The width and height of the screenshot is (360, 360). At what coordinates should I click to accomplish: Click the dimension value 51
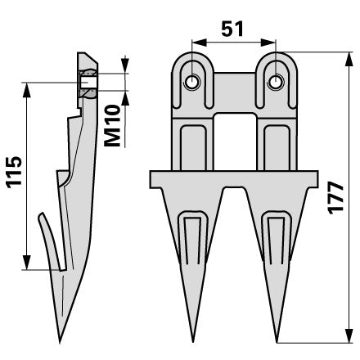pos(232,29)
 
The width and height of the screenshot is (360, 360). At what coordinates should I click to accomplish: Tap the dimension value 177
pos(335,198)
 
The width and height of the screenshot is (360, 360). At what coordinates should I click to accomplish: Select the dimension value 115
pos(14,173)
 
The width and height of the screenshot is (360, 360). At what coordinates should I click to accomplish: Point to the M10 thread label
pos(112,125)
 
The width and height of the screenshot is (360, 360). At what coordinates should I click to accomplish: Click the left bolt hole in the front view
pos(192,82)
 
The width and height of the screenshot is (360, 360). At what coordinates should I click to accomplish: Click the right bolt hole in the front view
pos(276,82)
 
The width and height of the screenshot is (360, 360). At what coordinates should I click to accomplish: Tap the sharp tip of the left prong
pos(193,341)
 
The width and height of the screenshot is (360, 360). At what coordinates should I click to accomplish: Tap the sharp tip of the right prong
pos(277,341)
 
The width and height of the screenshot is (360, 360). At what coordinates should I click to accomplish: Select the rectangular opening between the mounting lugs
pos(235,142)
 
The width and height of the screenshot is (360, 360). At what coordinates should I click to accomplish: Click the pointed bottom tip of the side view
pos(60,341)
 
